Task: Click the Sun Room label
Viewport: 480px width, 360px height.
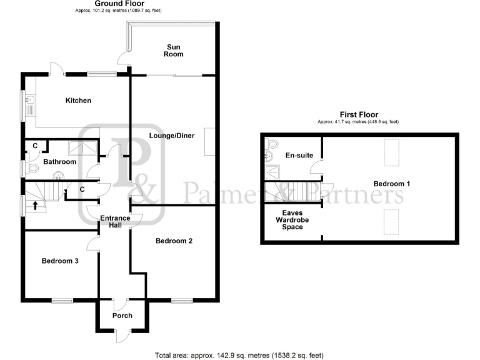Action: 174,50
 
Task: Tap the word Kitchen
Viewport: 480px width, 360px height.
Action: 79,101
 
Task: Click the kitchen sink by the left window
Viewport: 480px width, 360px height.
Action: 29,104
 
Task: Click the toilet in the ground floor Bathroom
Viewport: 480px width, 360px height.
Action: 29,168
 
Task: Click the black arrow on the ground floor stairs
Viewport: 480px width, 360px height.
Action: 35,205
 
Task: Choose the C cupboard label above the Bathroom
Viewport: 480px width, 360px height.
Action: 36,146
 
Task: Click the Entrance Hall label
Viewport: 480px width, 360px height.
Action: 115,222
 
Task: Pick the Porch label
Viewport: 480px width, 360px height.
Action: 122,316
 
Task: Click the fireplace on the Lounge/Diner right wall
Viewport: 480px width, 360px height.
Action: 211,142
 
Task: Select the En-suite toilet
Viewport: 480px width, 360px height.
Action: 271,147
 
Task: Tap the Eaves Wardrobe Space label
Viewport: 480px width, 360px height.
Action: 292,219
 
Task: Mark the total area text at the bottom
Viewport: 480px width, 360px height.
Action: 239,355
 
